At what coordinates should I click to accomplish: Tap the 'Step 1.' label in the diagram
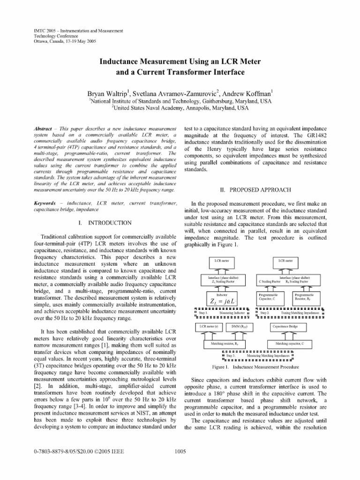point(203,312)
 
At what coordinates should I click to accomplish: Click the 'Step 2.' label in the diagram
point(265,312)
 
